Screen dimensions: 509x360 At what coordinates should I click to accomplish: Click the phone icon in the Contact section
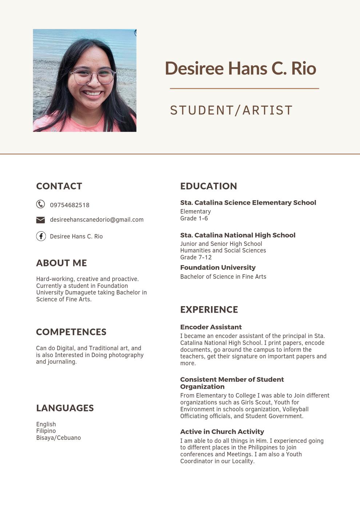coord(41,204)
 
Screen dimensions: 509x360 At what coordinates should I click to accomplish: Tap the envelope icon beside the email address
coord(41,220)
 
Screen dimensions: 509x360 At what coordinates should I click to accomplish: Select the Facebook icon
coord(41,236)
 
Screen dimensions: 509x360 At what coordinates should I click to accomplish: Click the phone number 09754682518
coord(69,205)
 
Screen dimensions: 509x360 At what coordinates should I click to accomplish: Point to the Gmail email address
coord(97,220)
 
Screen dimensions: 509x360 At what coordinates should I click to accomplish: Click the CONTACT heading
coord(59,186)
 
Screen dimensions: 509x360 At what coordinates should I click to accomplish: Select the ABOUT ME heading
coord(61,263)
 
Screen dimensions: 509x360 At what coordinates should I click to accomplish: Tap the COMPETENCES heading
coord(71,332)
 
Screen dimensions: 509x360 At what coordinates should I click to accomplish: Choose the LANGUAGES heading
coord(65,408)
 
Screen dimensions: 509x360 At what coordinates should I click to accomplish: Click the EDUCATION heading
coord(208,186)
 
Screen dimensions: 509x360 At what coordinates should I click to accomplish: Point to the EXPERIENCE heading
coord(209,310)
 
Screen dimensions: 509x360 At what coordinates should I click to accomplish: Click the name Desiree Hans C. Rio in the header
coord(240,68)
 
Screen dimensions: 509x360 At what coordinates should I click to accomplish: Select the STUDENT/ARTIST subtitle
coord(231,111)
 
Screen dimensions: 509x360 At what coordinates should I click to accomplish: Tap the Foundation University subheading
coord(218,268)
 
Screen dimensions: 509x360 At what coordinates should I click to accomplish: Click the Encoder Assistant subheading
coord(211,327)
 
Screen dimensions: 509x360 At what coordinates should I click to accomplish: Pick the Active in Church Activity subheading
coord(222,432)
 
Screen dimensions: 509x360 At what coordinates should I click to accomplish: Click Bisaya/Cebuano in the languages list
coord(58,438)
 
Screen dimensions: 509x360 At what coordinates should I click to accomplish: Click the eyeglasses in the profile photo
coord(93,76)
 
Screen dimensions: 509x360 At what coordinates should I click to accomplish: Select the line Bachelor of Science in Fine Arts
coord(223,277)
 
